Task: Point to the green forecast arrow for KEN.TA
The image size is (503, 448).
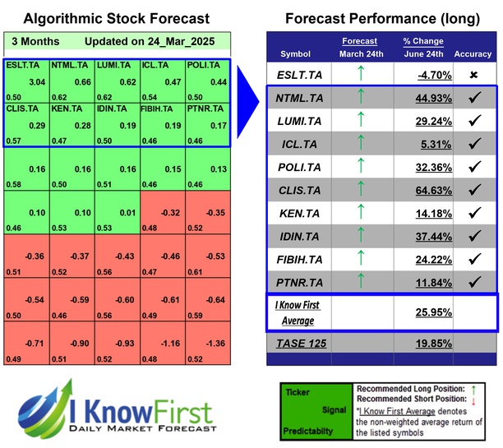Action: coord(358,214)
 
